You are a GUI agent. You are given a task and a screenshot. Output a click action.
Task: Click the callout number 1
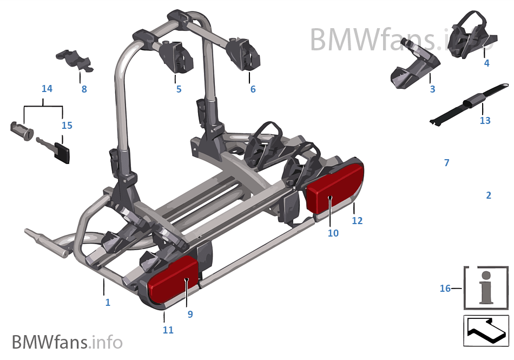click(108, 303)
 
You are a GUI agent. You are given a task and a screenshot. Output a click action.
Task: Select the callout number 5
click(179, 89)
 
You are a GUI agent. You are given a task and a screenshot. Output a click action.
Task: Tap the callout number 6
click(253, 89)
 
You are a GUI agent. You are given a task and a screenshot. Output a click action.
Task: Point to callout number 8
click(84, 89)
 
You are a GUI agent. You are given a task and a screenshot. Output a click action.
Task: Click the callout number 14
click(47, 88)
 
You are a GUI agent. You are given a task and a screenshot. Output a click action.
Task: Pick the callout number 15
click(67, 126)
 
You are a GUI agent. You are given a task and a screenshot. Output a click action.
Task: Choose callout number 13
click(485, 120)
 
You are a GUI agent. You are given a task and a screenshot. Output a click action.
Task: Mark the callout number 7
click(446, 163)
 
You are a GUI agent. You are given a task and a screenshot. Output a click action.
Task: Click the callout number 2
click(489, 195)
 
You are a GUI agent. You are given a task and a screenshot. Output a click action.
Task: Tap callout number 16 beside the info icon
click(445, 289)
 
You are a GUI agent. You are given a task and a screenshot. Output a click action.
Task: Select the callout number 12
click(357, 221)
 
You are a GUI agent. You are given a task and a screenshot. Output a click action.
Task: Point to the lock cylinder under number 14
click(22, 130)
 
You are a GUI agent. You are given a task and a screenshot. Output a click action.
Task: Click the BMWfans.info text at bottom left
click(67, 342)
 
